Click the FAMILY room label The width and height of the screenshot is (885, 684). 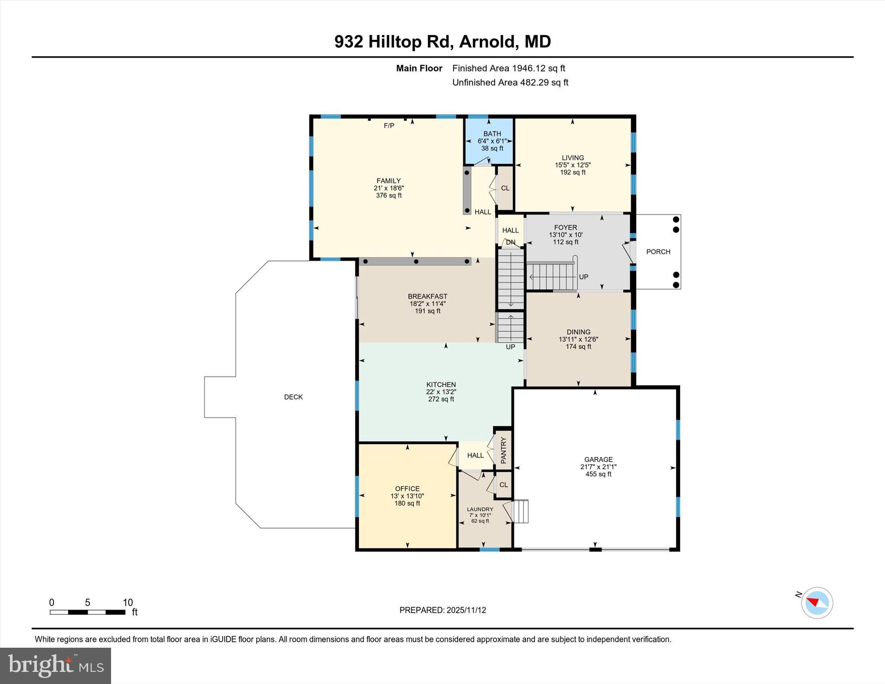coord(388,181)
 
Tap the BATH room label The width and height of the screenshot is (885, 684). coord(492,134)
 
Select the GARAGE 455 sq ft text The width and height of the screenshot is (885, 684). coord(598,474)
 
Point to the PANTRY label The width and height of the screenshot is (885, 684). coord(503,451)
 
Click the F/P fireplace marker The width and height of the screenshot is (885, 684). coord(389,126)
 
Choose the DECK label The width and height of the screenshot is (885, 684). coord(293,397)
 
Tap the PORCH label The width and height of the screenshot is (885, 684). coord(658,251)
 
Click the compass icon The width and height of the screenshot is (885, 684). coord(817,603)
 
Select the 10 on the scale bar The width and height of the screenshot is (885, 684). coord(127,602)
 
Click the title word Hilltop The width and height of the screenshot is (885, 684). coord(395,42)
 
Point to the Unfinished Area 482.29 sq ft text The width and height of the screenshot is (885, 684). coord(510,82)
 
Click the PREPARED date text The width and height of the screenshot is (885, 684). coord(442,610)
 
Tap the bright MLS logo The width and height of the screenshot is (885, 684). coord(55,665)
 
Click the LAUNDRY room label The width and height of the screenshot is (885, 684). coord(480,509)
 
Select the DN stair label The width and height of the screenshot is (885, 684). coord(510,242)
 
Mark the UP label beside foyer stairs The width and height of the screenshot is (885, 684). coord(583,277)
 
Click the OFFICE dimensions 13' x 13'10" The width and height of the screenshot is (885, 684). coord(407,496)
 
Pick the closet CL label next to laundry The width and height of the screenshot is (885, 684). coord(503,485)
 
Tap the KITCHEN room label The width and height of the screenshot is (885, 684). coord(441,385)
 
